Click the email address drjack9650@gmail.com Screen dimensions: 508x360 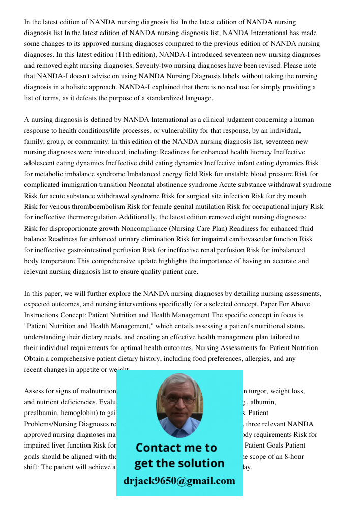pos(179,481)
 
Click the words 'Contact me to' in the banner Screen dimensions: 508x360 pos(176,448)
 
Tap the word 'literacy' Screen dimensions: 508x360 pos(256,152)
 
